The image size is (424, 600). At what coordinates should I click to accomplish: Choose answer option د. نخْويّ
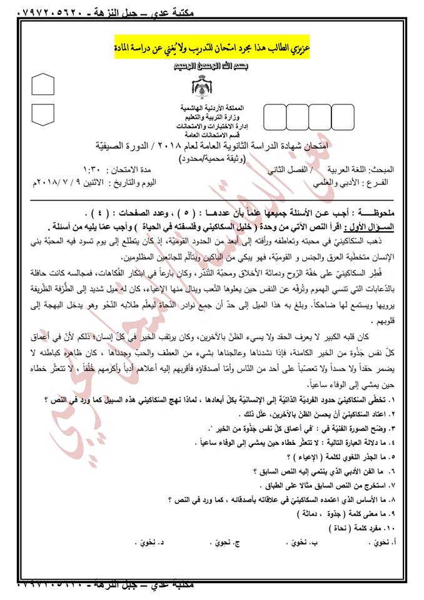148,543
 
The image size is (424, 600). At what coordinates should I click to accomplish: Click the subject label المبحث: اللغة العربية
368,169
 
